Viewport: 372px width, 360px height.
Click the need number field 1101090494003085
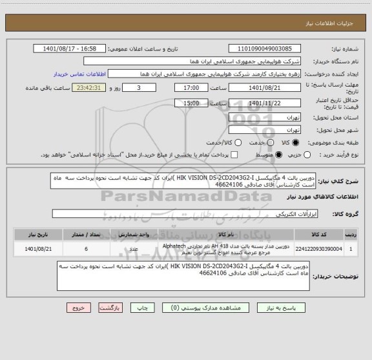pyautogui.click(x=265, y=48)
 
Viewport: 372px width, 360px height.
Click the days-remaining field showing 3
pyautogui.click(x=139, y=88)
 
